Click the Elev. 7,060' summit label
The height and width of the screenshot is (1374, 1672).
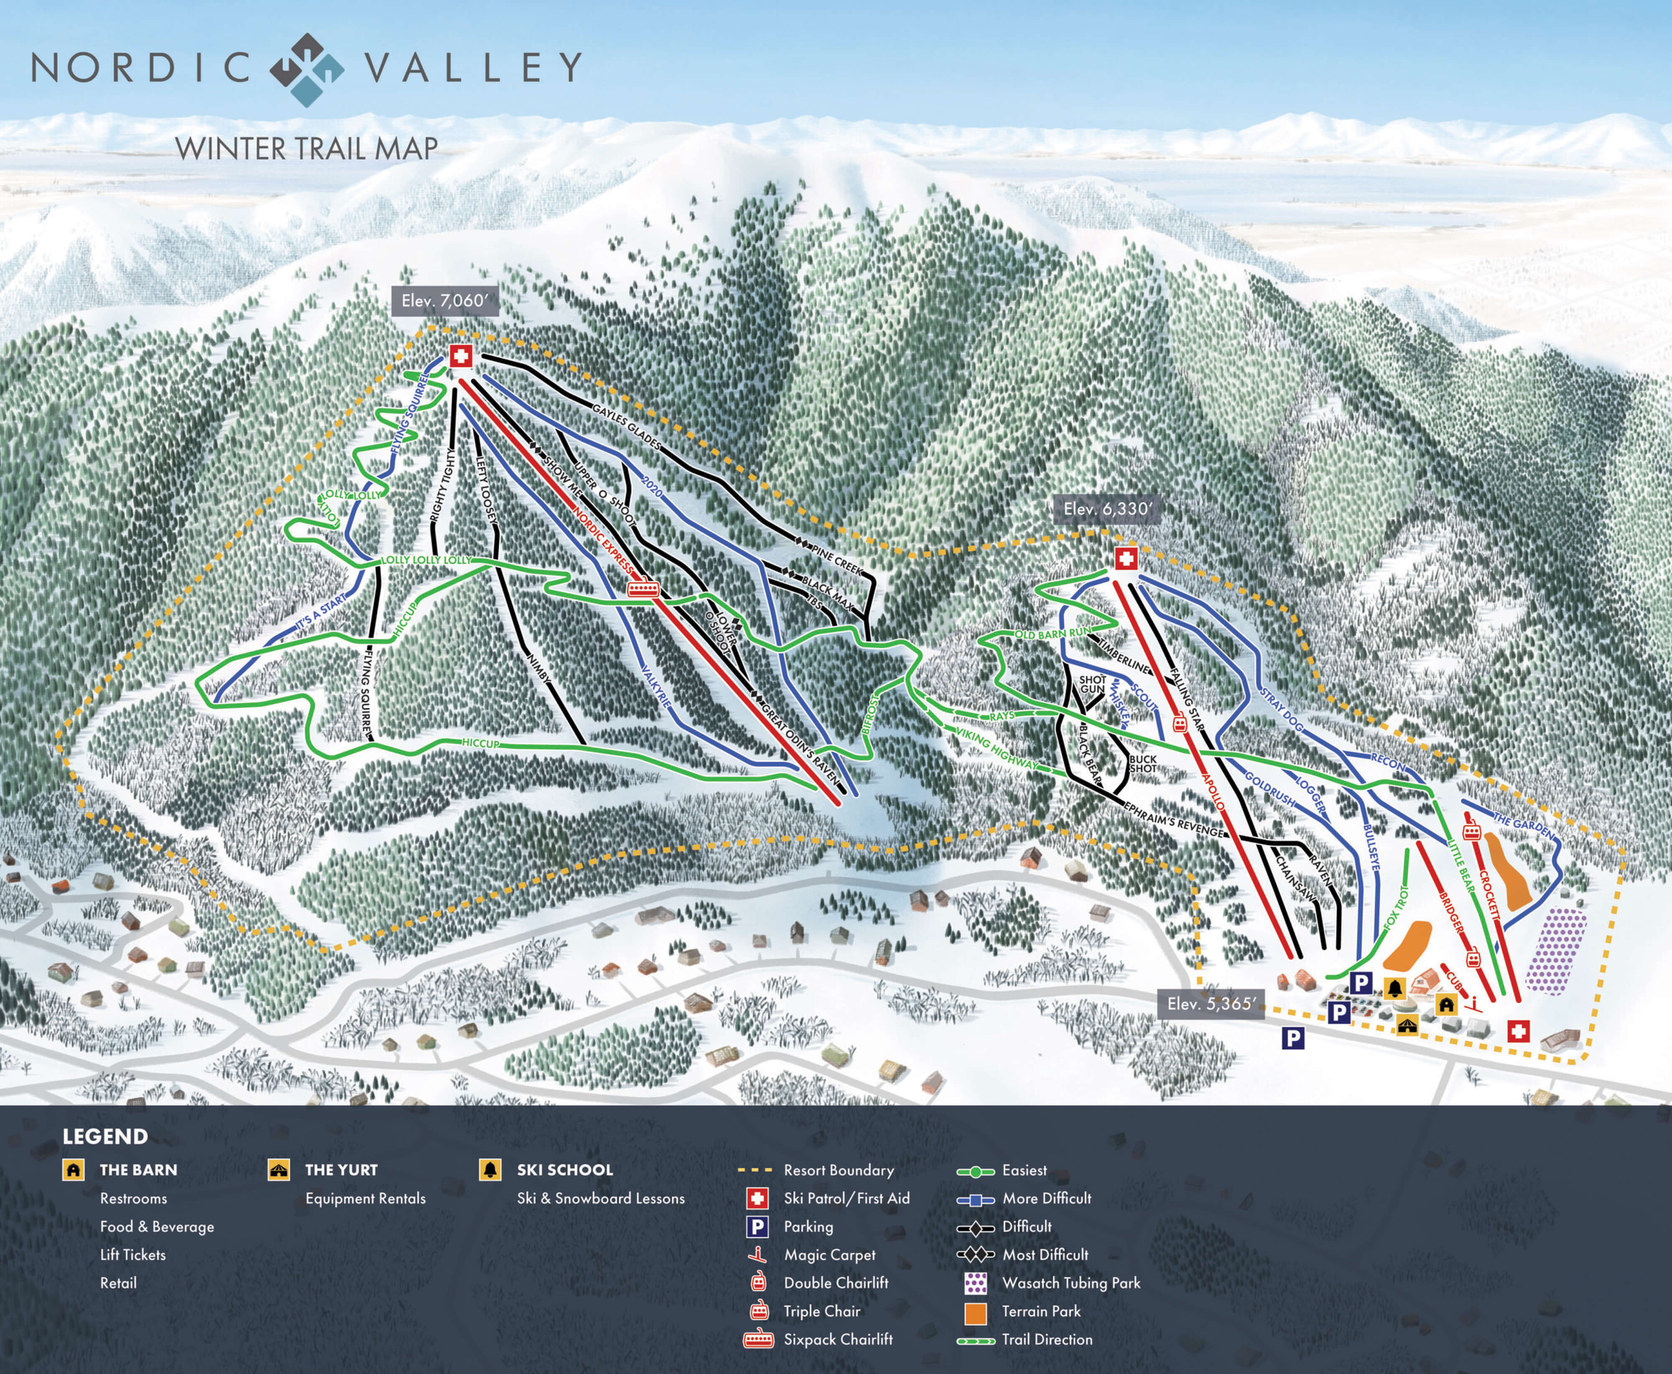tap(445, 301)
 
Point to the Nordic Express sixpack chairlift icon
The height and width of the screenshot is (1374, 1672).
tap(642, 589)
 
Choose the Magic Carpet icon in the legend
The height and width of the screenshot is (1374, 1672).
tap(758, 1254)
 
